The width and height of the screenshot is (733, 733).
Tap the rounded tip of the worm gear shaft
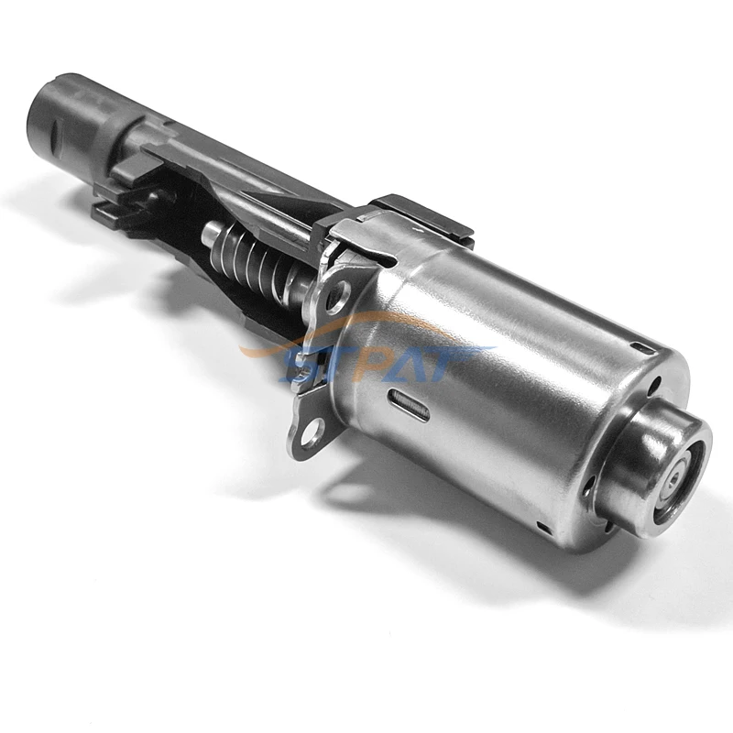(210, 232)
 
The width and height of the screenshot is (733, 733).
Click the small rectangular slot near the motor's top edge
(645, 349)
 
